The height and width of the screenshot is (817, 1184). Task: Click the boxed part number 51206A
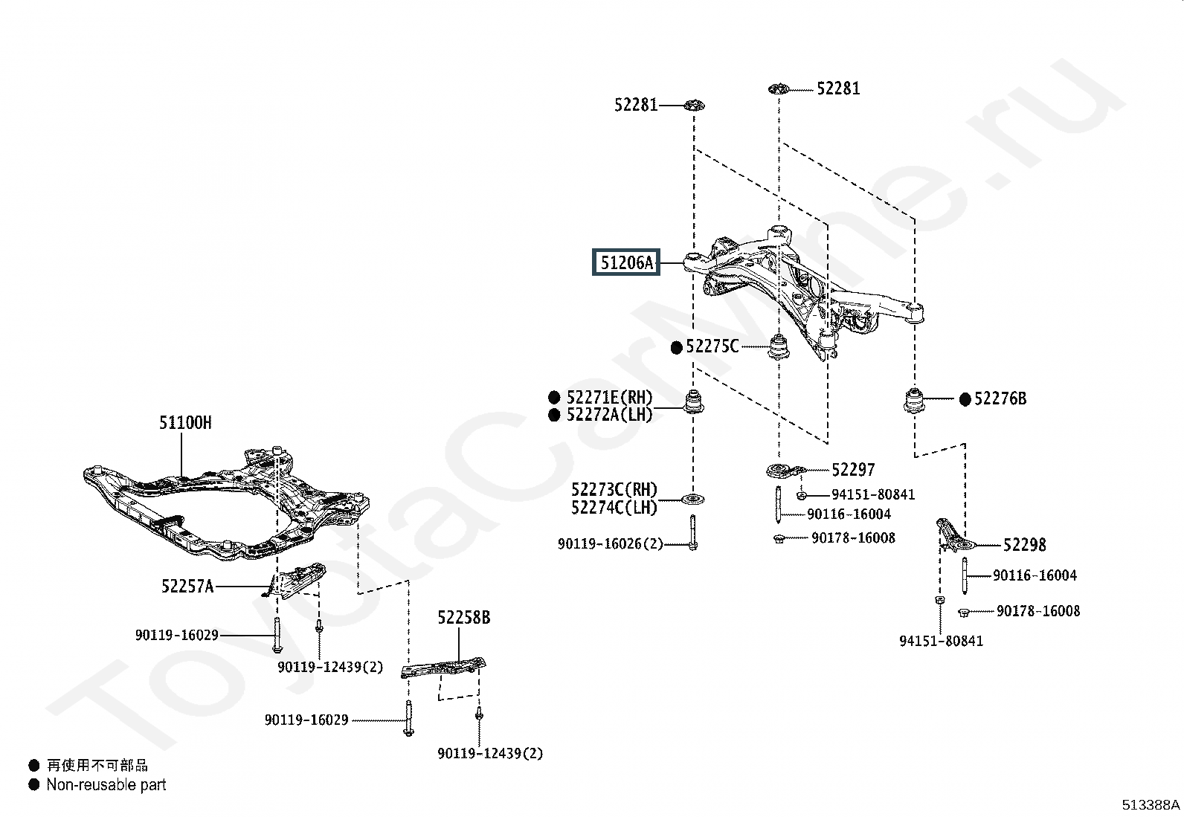click(626, 262)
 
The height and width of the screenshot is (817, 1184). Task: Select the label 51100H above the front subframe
click(185, 423)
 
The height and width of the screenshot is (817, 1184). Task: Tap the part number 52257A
click(187, 586)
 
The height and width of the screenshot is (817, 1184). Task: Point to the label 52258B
click(464, 617)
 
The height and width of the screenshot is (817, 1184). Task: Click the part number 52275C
click(712, 346)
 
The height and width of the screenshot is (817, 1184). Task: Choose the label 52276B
click(1000, 398)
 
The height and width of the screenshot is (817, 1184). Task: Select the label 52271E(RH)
click(610, 397)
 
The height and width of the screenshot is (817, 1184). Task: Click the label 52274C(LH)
click(614, 507)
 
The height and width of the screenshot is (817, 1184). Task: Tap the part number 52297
click(853, 469)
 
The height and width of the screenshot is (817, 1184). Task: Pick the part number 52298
click(1025, 545)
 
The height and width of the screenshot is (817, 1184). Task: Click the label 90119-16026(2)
click(611, 543)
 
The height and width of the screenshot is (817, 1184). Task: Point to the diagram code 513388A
click(1151, 805)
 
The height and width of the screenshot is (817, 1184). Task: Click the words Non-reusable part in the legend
click(106, 785)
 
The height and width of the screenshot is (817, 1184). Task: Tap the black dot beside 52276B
click(965, 399)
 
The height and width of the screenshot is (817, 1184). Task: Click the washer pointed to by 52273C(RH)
click(693, 499)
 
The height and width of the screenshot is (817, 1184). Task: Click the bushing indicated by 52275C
click(779, 346)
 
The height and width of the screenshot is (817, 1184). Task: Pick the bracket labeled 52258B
click(443, 668)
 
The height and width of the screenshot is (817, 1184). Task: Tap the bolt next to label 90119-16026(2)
click(693, 533)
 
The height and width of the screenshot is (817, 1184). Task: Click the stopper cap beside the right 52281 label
click(779, 89)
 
